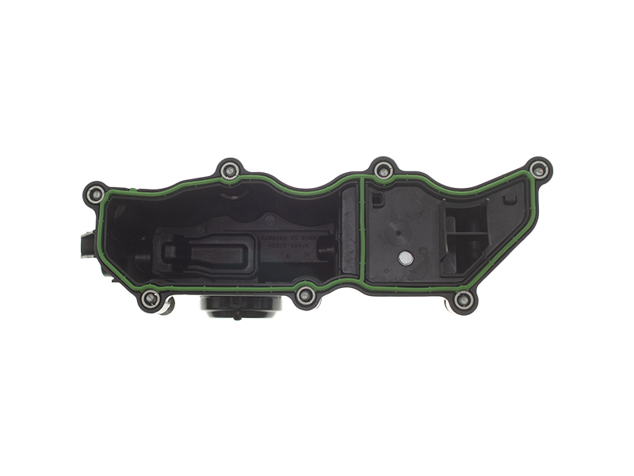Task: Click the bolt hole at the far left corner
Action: click(95, 193)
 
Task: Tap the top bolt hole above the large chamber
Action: click(230, 169)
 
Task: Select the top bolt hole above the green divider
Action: click(384, 169)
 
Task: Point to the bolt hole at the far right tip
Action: click(539, 169)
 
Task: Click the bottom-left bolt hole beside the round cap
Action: click(151, 299)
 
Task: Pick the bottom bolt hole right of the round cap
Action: click(306, 297)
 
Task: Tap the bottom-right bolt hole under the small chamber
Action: click(464, 300)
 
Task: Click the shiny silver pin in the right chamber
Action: click(406, 257)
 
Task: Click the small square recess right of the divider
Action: click(378, 200)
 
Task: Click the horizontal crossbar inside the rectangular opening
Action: click(468, 235)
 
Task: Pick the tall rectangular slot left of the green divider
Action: click(348, 234)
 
